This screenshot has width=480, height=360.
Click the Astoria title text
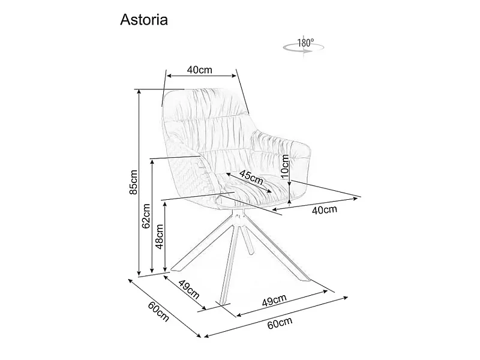pos(144,20)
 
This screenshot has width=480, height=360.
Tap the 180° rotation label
pos(305,43)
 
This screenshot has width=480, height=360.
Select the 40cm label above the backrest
pos(200,70)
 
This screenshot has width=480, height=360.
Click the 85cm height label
pos(134,182)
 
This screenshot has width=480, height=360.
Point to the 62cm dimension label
pos(146,216)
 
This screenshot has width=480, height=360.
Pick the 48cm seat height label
pos(160,236)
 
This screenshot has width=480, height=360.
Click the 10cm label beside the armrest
pos(284,167)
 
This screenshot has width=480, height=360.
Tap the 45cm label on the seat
pos(251,177)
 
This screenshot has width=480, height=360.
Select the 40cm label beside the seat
pos(325,209)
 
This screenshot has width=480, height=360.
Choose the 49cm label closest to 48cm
pos(189,290)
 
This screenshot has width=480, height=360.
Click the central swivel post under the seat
pos(238,217)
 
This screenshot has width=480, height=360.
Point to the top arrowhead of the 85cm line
pos(139,91)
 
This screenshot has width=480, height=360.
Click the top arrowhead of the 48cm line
pos(166,203)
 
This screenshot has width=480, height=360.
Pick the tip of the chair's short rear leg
pos(251,253)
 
